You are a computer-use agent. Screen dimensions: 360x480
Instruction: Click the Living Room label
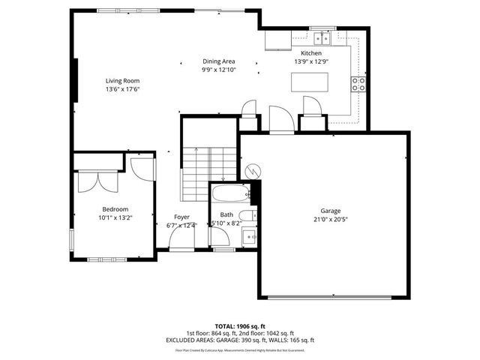tap(121, 80)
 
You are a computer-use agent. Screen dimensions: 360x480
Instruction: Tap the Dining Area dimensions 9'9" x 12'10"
tap(218, 70)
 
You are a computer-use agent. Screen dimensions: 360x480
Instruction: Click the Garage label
tap(331, 211)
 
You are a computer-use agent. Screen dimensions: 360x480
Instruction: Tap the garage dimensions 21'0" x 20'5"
tap(331, 219)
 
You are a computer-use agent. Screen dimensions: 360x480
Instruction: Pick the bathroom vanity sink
tap(250, 237)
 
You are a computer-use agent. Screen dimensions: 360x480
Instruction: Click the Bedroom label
tap(115, 209)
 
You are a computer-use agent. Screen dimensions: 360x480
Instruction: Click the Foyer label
tap(182, 217)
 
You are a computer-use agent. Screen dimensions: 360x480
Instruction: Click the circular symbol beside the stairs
tap(251, 171)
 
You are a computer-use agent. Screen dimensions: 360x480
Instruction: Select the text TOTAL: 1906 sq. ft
tap(240, 326)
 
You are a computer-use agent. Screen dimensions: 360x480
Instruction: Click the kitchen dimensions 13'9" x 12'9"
tap(311, 62)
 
